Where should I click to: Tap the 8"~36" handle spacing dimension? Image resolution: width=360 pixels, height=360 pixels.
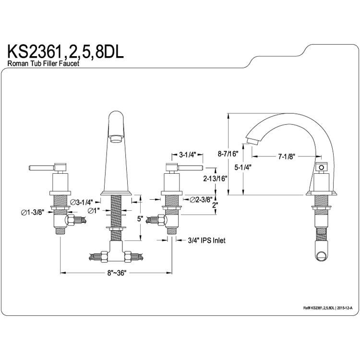point(117,273)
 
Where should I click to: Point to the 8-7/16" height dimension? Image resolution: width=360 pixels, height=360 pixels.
point(228,154)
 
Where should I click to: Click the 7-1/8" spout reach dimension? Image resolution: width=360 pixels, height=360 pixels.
point(286,156)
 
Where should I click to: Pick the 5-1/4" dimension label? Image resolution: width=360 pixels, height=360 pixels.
point(243,167)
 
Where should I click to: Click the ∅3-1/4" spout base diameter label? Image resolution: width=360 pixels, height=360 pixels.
point(82,202)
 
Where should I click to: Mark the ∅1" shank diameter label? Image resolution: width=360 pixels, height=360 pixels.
point(94,210)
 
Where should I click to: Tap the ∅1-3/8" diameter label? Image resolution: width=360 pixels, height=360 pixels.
point(32,213)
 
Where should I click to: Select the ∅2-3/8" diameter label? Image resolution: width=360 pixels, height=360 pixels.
point(201,200)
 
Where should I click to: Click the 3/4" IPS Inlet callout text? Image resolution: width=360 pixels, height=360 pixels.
point(206,240)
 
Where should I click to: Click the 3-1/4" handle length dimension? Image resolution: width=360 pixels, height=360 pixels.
point(187,155)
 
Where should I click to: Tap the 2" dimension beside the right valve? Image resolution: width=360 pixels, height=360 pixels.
point(215,205)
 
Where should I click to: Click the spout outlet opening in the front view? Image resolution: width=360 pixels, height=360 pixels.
point(116,139)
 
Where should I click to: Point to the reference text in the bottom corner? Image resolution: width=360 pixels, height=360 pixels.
point(328,308)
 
